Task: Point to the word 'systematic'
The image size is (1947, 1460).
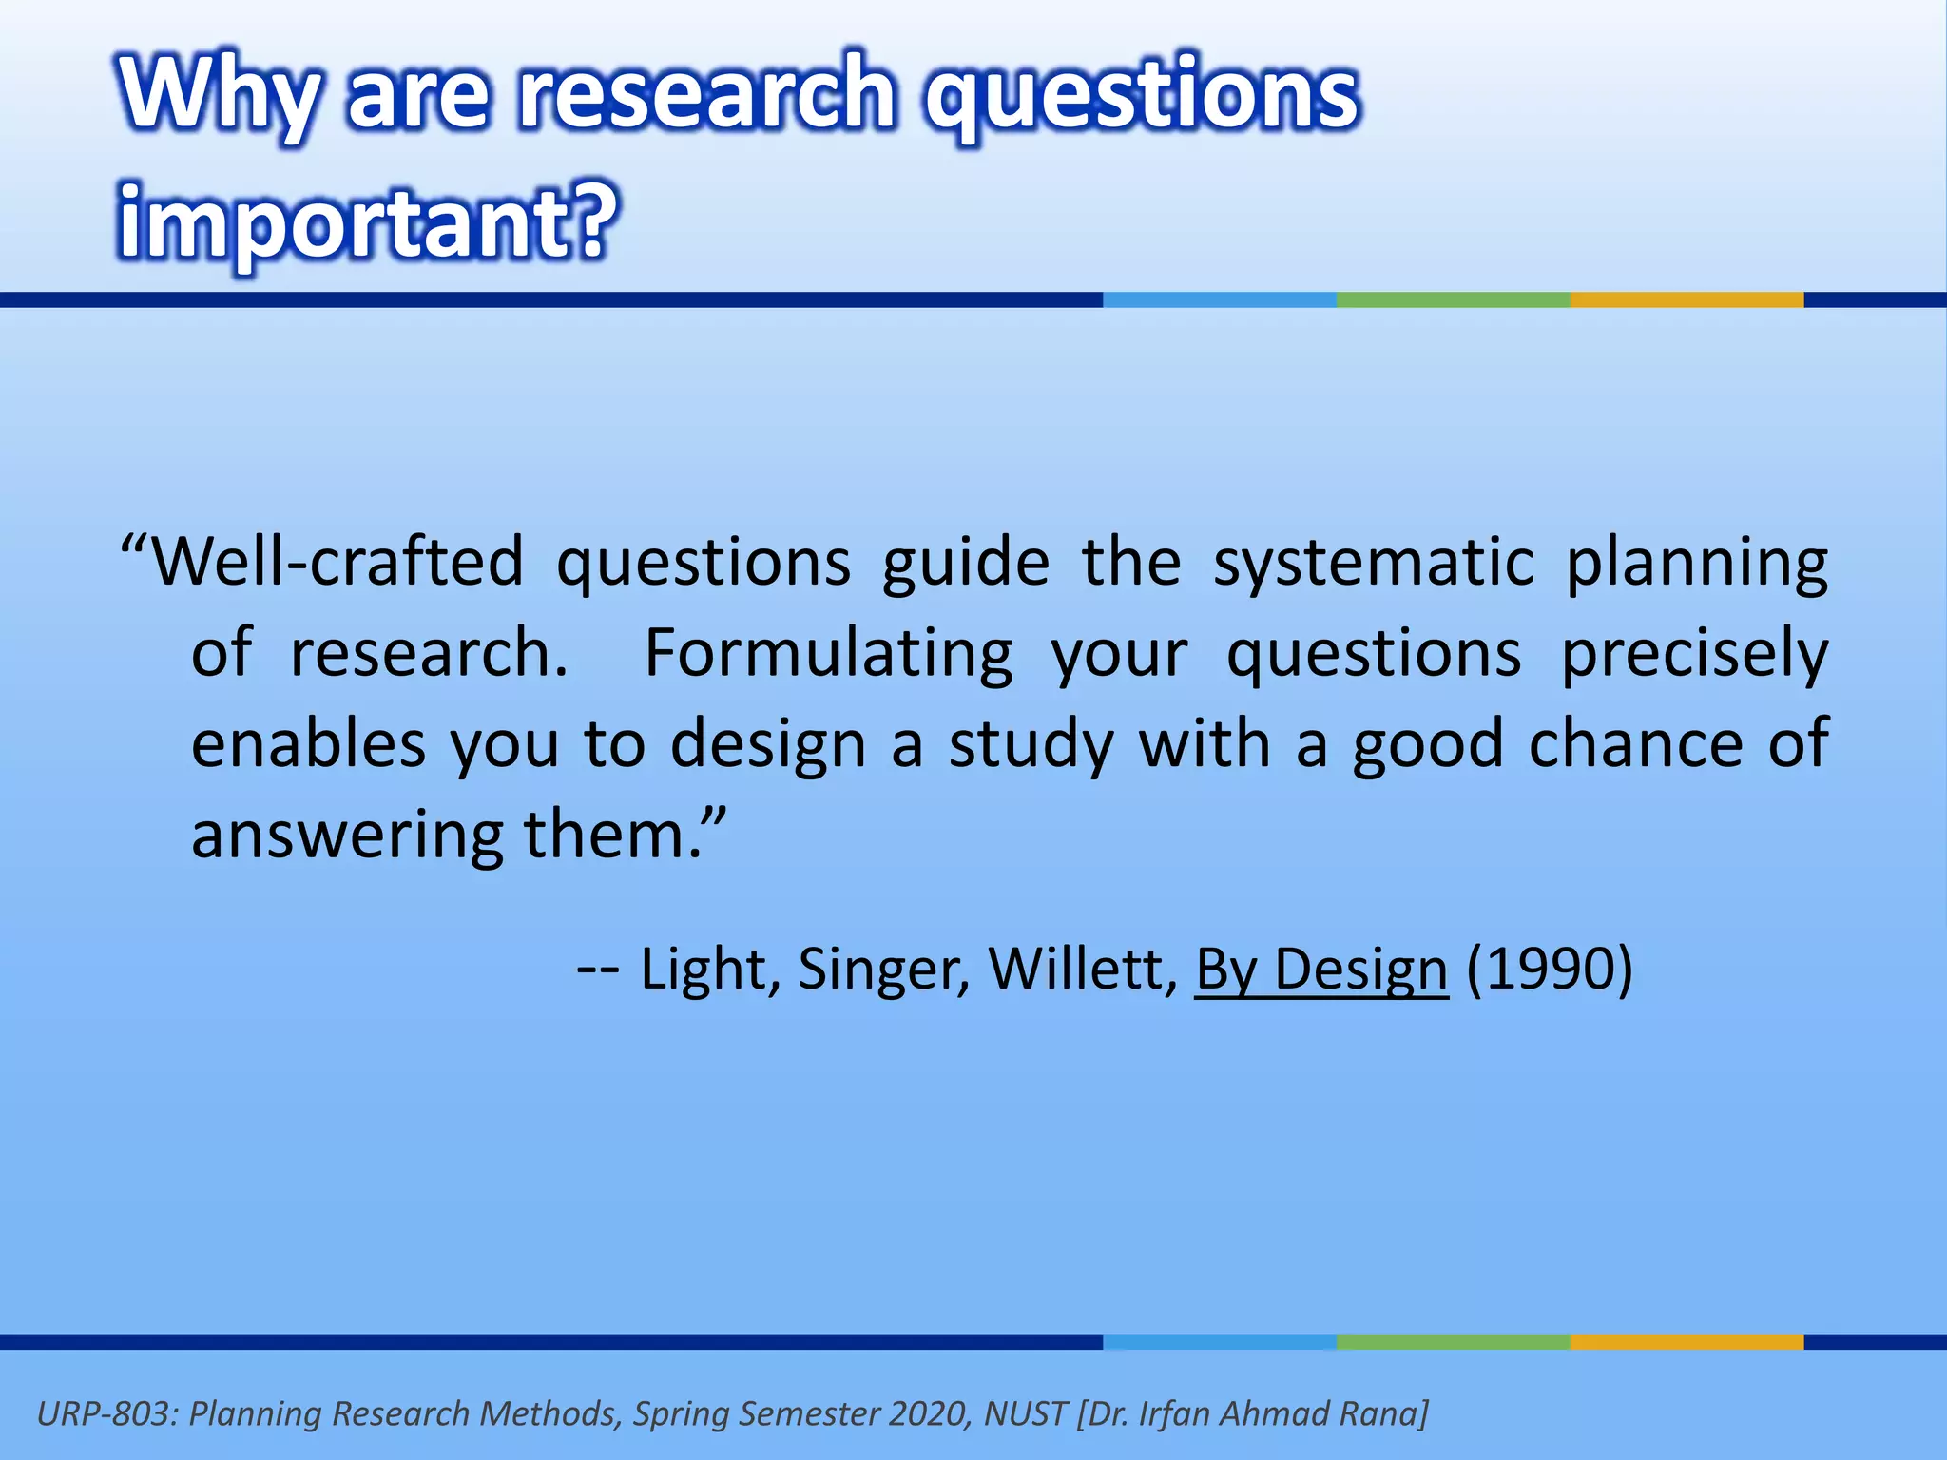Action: point(1373,563)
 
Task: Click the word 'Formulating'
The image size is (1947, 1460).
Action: point(829,654)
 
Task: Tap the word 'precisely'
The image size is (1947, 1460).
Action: point(1694,654)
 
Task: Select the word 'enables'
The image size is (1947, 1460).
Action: point(308,744)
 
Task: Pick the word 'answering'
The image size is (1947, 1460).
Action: point(346,835)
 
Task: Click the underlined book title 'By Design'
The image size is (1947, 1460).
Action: point(1321,970)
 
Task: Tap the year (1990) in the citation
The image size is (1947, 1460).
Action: point(1550,970)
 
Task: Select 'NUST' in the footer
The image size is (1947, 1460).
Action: point(1025,1414)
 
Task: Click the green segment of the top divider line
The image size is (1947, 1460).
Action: point(1453,300)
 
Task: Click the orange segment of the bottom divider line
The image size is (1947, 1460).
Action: point(1687,1342)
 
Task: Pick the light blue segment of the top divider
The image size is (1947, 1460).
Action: point(1219,300)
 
